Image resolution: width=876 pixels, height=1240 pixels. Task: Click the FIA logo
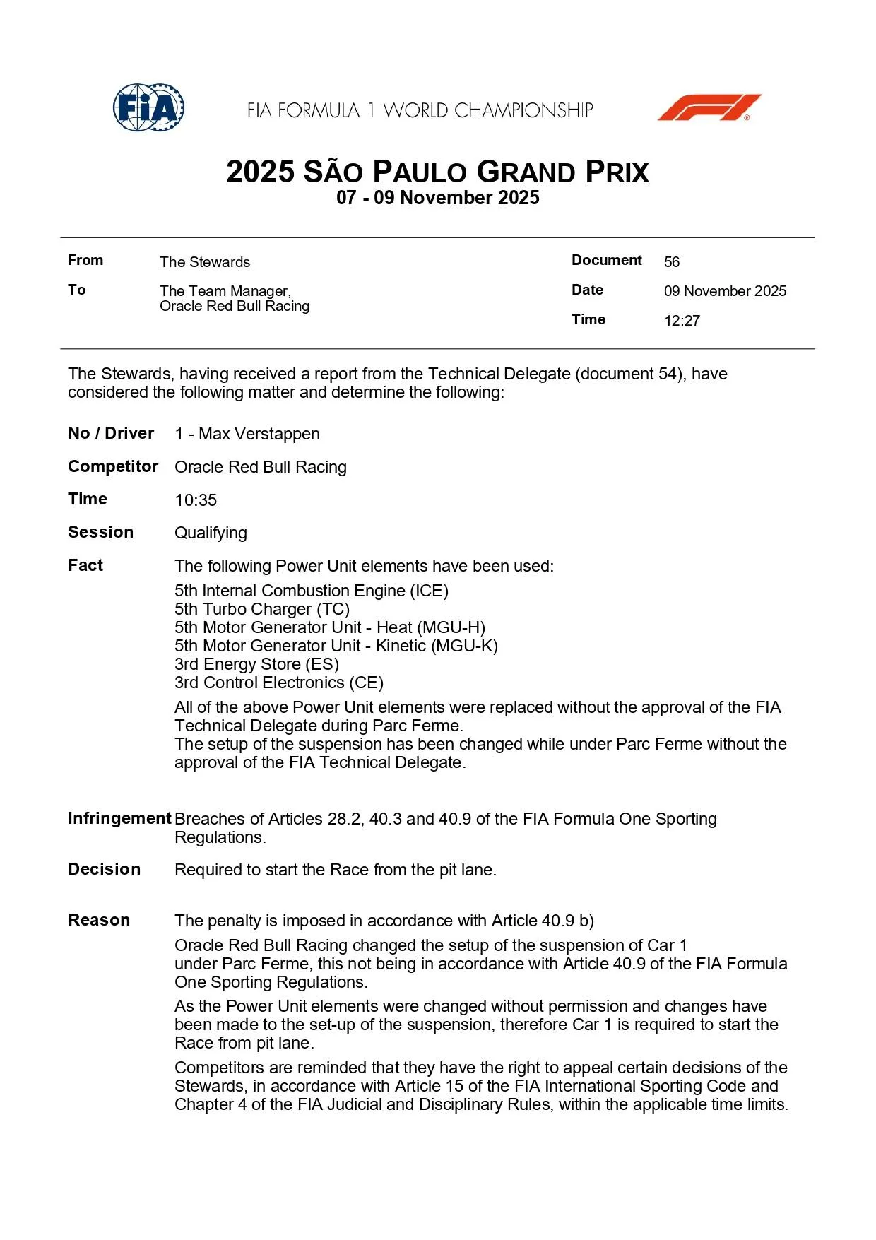[x=149, y=108]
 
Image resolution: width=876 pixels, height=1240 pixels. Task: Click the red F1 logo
[x=709, y=107]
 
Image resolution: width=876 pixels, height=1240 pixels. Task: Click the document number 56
[x=671, y=262]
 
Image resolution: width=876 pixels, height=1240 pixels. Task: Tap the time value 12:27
[x=682, y=321]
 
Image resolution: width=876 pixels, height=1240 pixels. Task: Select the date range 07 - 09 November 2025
[x=437, y=198]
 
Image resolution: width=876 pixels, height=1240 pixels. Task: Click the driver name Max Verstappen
[x=259, y=434]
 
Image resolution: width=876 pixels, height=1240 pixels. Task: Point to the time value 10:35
[x=196, y=500]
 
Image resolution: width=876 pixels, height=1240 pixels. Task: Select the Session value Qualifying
[x=211, y=533]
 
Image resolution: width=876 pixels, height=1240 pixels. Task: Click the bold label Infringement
[x=119, y=818]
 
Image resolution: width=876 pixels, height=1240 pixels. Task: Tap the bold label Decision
[x=104, y=869]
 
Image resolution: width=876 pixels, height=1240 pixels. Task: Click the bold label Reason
[x=99, y=920]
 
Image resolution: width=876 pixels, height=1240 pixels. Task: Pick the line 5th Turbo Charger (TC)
[x=262, y=609]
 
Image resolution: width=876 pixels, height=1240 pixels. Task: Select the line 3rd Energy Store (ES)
[x=256, y=664]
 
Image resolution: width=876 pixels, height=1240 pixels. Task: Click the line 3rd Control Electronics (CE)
[x=279, y=683]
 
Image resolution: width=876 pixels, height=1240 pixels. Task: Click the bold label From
[x=85, y=260]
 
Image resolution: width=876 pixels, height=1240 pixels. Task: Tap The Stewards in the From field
[x=205, y=262]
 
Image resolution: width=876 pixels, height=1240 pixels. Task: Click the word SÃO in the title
[x=333, y=172]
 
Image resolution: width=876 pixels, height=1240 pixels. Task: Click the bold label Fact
[x=85, y=565]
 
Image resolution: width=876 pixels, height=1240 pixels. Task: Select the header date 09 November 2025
[x=725, y=291]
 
